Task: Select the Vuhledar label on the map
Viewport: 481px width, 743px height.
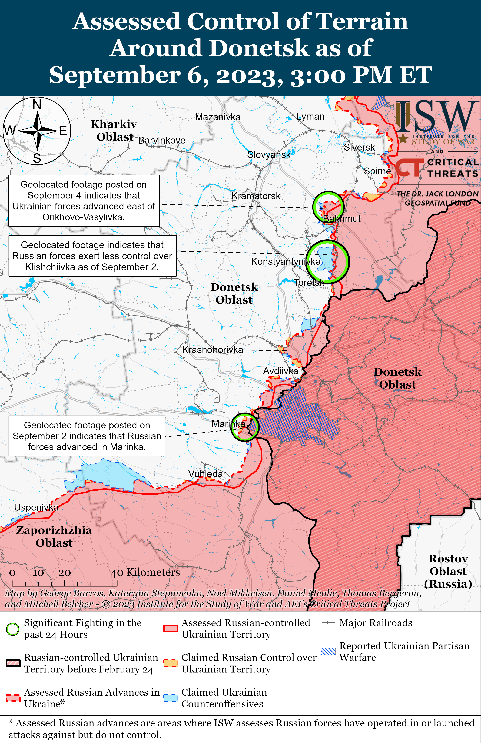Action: click(207, 474)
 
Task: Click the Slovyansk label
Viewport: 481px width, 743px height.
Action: click(268, 154)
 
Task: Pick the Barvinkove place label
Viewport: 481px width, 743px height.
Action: click(162, 141)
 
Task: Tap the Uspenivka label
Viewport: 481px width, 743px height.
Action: click(36, 507)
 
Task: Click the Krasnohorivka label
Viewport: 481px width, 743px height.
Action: click(212, 350)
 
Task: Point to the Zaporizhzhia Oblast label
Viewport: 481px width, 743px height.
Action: click(54, 536)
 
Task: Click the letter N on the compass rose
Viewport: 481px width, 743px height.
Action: click(37, 104)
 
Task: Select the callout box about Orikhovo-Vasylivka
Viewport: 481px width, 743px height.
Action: click(84, 201)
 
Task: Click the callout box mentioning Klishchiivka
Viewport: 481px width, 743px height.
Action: click(92, 256)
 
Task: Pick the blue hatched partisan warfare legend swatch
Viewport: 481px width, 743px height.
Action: click(328, 652)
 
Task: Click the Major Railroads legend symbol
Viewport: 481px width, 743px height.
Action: click(328, 623)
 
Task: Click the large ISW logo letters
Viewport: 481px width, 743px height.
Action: click(437, 116)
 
